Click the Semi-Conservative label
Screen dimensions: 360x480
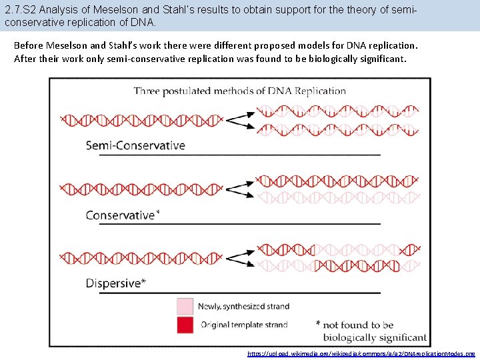point(135,145)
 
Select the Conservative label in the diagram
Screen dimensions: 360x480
point(120,215)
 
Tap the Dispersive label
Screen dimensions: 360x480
point(113,283)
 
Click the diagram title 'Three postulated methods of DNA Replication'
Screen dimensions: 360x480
point(240,91)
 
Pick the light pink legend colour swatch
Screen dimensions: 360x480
point(185,306)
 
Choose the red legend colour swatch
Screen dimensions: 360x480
point(185,325)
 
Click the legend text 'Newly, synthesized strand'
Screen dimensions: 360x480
point(243,307)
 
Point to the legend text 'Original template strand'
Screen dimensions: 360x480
point(244,325)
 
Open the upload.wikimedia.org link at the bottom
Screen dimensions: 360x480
point(361,354)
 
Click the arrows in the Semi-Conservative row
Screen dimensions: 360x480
point(241,121)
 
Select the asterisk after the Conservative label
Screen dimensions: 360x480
point(157,213)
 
